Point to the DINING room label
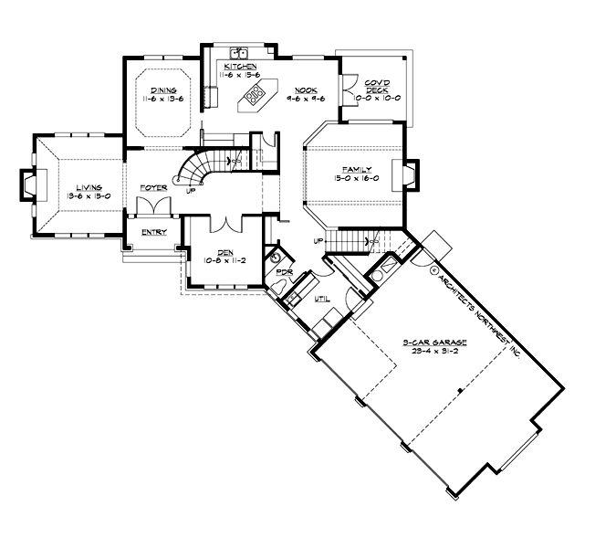click(x=164, y=90)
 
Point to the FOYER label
click(x=152, y=187)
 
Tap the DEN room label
click(x=224, y=253)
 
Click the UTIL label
click(x=322, y=300)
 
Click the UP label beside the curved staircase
click(x=189, y=191)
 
